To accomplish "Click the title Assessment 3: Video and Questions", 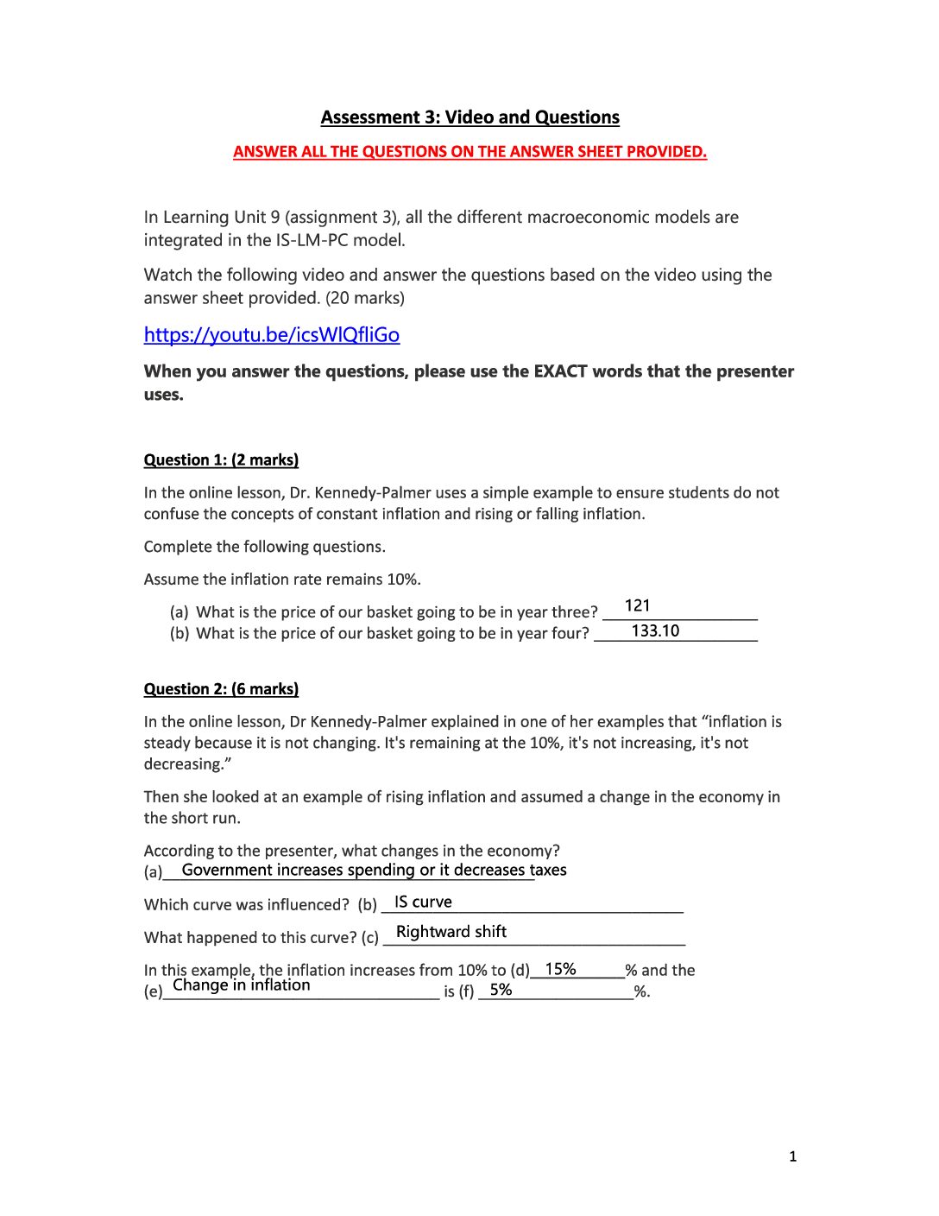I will [469, 117].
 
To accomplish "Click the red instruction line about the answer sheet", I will [469, 152].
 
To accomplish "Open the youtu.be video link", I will [271, 335].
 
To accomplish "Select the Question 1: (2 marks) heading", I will [221, 460].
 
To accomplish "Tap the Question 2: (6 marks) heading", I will [221, 689].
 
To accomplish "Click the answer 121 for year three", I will [637, 606].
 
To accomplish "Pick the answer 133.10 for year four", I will [655, 631].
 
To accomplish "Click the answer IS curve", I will [423, 902].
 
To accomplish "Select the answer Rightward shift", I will [451, 932].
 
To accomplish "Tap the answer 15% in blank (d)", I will [560, 970].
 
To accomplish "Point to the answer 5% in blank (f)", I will [501, 991].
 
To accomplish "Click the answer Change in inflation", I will [241, 985].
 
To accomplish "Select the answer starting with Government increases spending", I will [374, 871].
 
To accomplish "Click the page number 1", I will [792, 1157].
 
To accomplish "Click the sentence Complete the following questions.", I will [264, 547].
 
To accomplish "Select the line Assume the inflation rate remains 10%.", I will [282, 579].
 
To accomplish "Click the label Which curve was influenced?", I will [246, 905].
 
